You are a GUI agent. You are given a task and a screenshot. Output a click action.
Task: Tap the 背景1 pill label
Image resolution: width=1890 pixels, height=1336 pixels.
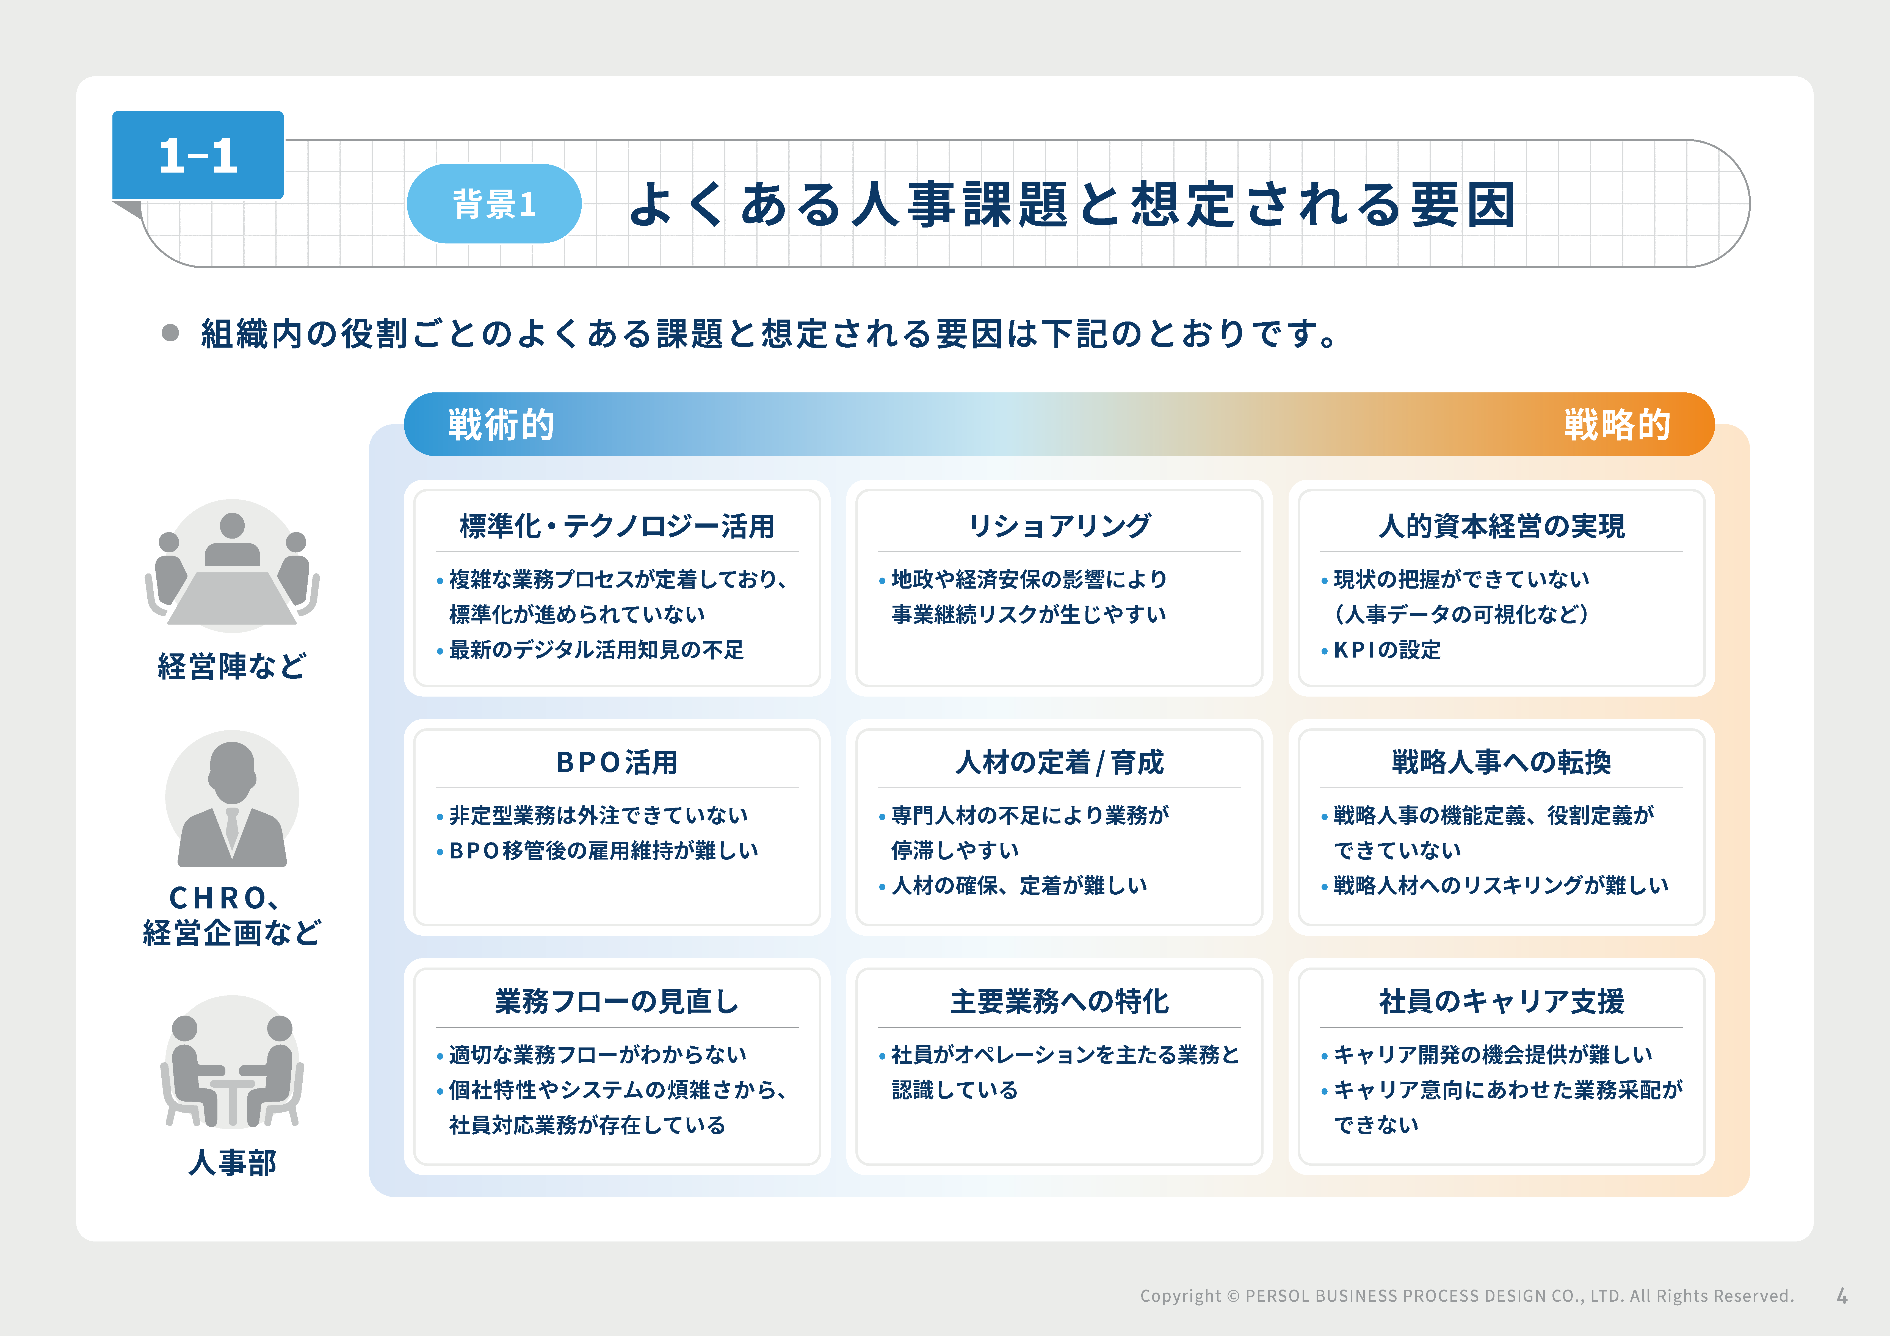[x=494, y=203]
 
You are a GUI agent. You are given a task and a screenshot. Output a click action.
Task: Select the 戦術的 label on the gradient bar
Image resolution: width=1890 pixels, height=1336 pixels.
[x=501, y=425]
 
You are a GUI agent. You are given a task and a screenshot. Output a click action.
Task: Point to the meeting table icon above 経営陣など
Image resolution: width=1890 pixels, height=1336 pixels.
[x=232, y=566]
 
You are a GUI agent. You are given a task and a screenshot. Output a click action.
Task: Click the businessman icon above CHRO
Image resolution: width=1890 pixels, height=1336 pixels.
[x=232, y=799]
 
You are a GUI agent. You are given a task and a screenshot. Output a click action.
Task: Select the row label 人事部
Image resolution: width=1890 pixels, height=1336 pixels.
[x=232, y=1162]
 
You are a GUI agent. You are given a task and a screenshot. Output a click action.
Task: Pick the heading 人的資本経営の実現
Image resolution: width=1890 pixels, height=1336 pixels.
[x=1501, y=525]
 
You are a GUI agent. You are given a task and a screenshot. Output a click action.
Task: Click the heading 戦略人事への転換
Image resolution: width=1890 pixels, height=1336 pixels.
[x=1501, y=762]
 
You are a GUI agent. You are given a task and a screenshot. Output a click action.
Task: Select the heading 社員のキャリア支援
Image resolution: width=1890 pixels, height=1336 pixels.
[x=1501, y=1001]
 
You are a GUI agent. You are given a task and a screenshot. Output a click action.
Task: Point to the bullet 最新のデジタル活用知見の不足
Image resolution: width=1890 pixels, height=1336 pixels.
[x=596, y=650]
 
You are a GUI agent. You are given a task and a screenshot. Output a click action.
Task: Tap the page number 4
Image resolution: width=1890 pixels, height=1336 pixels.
[x=1841, y=1296]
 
